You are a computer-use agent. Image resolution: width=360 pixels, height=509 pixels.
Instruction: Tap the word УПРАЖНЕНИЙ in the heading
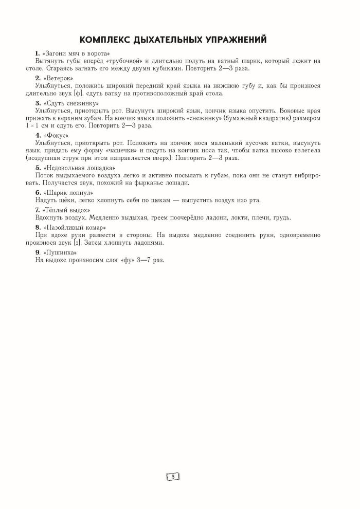click(241, 39)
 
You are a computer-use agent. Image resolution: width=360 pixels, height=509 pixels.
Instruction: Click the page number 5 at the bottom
click(173, 477)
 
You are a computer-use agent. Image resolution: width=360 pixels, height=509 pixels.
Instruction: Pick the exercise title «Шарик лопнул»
click(68, 192)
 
